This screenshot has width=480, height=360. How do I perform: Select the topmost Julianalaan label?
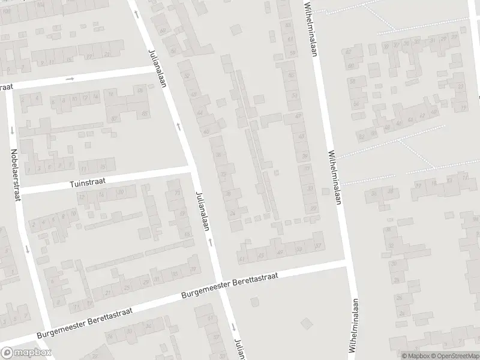tap(157, 67)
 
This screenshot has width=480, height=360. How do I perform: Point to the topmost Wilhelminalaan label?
tap(311, 28)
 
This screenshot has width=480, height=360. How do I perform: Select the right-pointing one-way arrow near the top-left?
tap(70, 79)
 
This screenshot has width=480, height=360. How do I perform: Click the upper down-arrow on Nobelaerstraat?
tap(11, 129)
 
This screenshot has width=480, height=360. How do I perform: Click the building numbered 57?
tap(319, 246)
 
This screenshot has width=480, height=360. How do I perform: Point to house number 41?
tap(242, 259)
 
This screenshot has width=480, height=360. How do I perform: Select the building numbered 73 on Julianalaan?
tap(177, 193)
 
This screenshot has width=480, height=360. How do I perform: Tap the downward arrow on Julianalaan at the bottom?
tap(233, 327)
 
